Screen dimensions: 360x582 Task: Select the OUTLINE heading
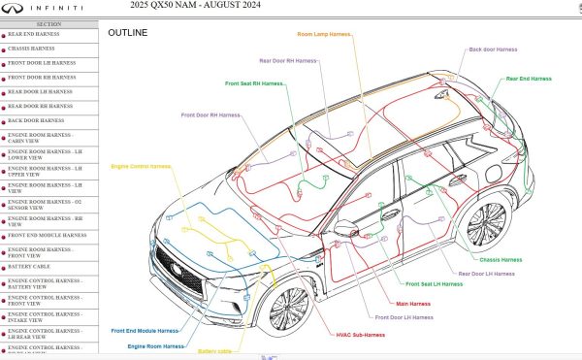click(x=127, y=33)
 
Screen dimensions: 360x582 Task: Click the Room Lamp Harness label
click(x=324, y=34)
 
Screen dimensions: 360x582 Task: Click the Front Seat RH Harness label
click(x=255, y=83)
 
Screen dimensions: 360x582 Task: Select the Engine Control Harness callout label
click(x=141, y=166)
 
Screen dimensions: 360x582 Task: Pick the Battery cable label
click(x=214, y=351)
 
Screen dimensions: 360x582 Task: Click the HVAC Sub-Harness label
click(x=360, y=335)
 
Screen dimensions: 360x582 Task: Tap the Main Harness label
click(x=413, y=304)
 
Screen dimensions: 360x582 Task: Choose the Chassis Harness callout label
click(x=501, y=260)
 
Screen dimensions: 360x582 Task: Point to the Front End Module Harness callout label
click(x=145, y=331)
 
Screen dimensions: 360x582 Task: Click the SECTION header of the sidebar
click(x=48, y=22)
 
